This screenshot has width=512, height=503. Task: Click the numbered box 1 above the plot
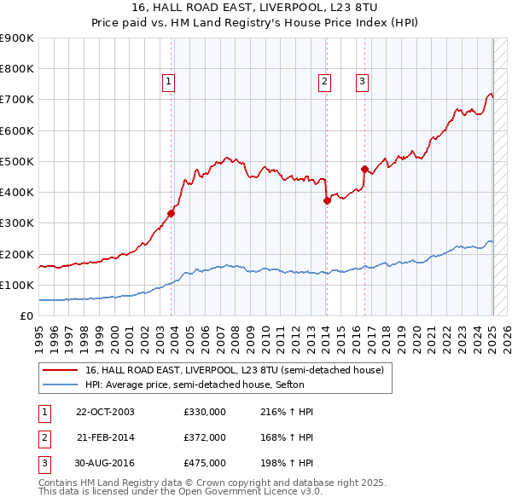(169, 82)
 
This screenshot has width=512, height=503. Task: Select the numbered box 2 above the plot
(325, 82)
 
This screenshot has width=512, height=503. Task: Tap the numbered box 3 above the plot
(363, 82)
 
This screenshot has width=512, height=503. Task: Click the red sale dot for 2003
(172, 214)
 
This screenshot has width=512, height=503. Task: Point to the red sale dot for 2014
(327, 201)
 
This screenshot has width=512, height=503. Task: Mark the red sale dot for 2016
(364, 169)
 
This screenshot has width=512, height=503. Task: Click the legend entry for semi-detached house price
(235, 370)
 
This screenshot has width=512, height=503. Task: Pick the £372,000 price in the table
(205, 437)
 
